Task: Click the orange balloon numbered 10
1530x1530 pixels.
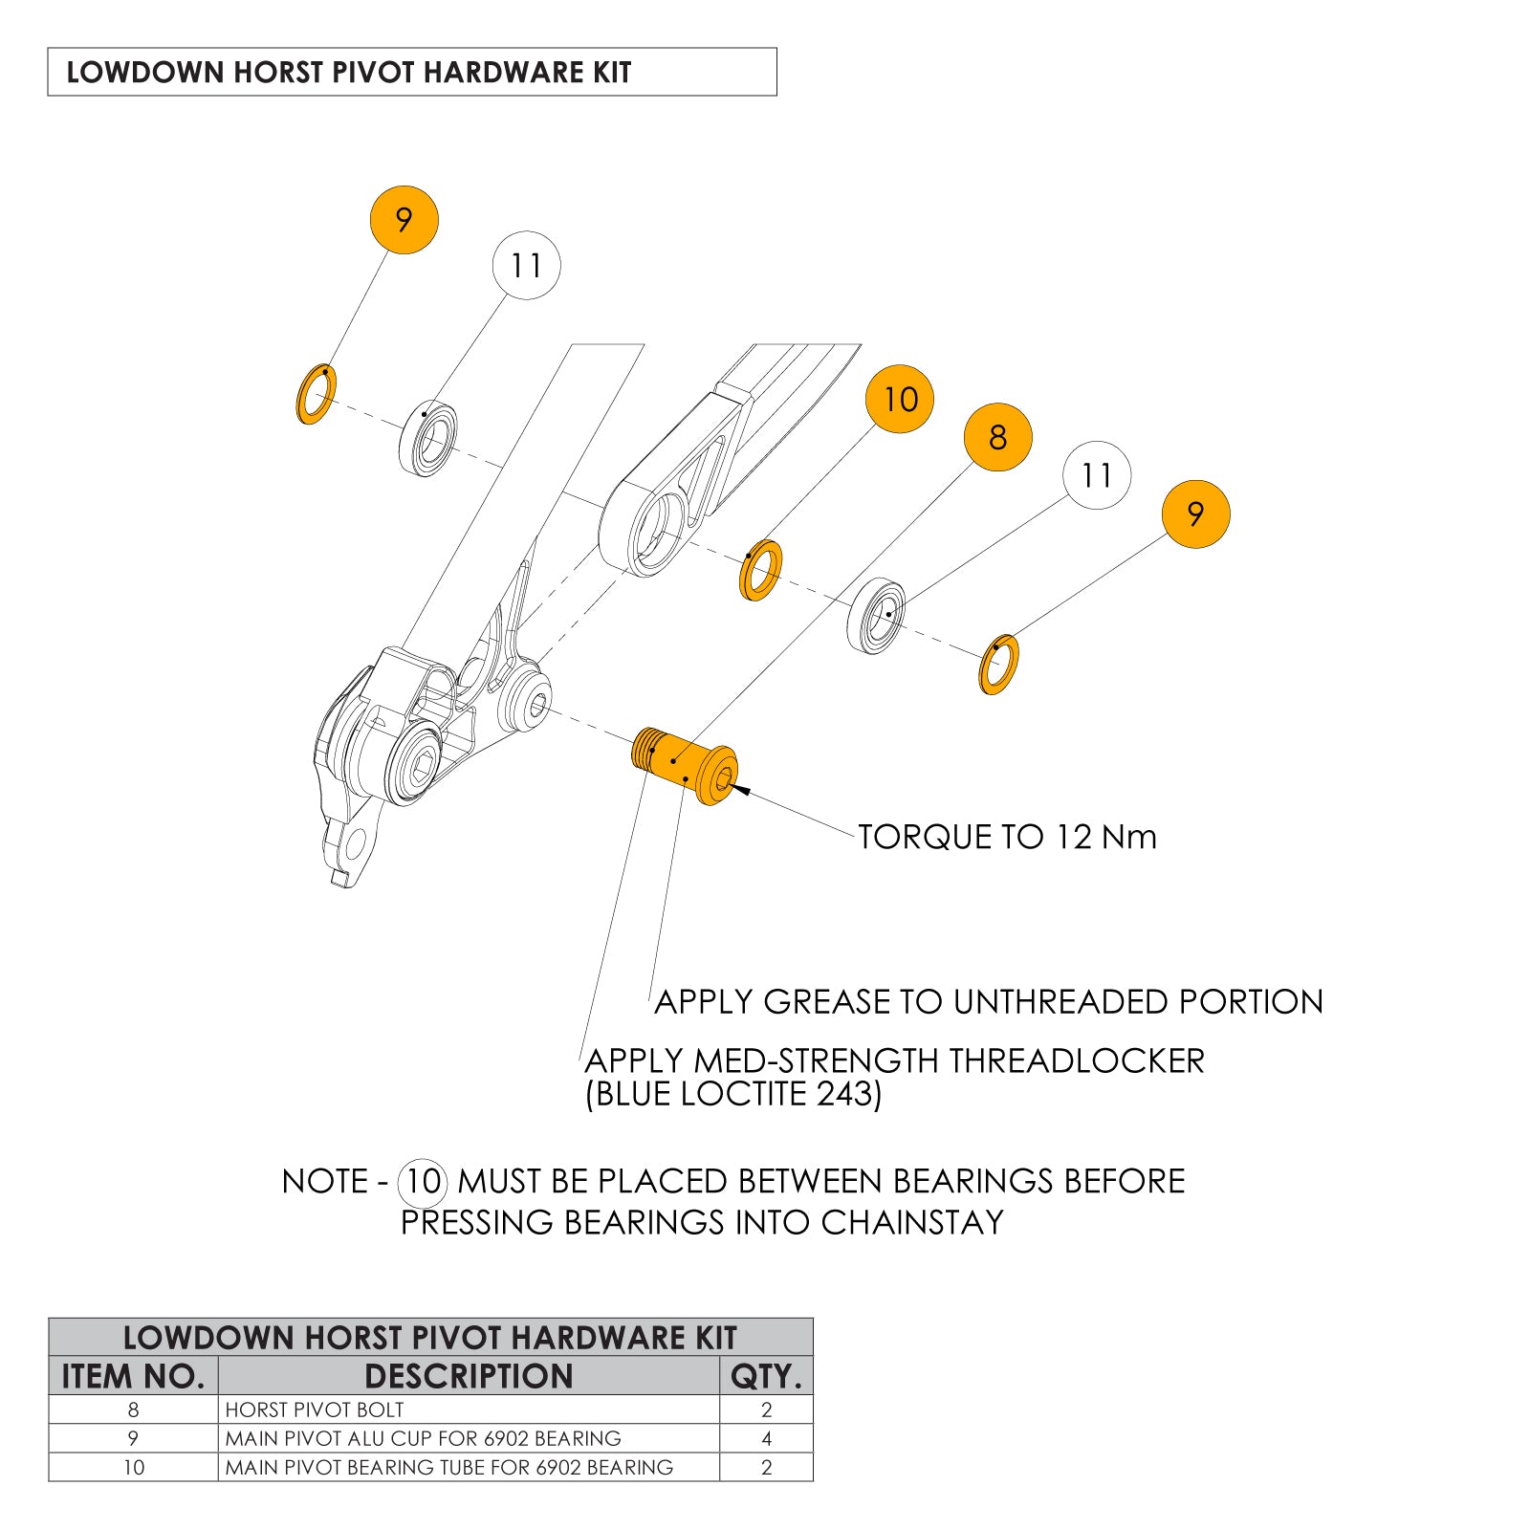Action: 899,399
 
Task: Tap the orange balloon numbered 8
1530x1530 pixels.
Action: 997,437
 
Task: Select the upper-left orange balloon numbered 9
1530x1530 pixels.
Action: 404,220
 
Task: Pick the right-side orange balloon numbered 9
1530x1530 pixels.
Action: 1195,514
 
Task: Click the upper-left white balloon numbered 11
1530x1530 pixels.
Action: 526,265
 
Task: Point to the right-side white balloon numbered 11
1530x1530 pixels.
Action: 1096,475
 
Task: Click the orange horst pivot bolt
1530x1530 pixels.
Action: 685,764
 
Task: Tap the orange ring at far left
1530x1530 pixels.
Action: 316,394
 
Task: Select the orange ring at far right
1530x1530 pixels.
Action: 999,665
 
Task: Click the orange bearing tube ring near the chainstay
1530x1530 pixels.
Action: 761,570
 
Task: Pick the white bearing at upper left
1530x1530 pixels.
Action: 427,440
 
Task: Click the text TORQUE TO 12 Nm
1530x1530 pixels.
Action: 1007,837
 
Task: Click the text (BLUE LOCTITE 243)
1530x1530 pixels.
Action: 733,1094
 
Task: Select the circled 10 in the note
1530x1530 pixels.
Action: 423,1181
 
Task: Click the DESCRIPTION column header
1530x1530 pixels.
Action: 469,1376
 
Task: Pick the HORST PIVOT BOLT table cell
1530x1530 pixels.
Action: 315,1410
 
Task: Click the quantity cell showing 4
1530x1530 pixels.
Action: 766,1438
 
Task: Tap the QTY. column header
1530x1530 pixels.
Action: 766,1376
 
